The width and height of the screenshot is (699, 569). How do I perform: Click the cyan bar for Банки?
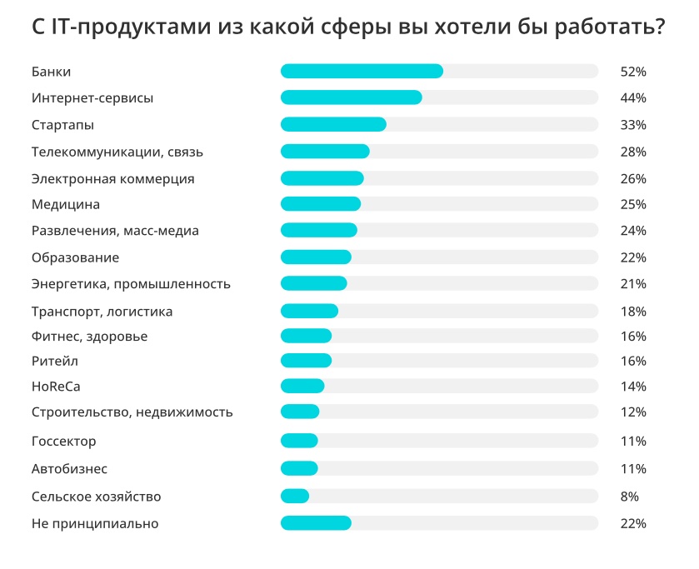coord(362,71)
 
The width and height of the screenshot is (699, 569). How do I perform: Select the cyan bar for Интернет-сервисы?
coord(351,97)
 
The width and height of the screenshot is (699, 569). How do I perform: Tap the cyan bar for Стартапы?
coord(333,124)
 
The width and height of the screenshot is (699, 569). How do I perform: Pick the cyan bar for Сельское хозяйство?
coord(295,497)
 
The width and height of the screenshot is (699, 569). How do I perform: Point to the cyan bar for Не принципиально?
coord(316,523)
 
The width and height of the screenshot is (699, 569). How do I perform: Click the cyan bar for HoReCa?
coord(302,386)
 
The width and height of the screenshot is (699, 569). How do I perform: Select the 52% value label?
coord(633,72)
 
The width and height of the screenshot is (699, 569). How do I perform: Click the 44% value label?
coord(633,98)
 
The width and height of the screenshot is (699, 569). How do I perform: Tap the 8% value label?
coord(629,497)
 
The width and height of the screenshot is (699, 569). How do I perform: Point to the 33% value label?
coord(633,125)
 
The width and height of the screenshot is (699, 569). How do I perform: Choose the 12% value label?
coord(633,412)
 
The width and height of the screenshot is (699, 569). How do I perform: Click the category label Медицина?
coord(66,204)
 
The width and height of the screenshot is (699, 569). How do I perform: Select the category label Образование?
coord(75,257)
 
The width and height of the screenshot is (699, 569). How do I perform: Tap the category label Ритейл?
coord(55,361)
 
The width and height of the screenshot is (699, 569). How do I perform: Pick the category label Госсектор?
coord(64,441)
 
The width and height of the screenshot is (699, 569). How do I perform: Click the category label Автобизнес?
coord(69,469)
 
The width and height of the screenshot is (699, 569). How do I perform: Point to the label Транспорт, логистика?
coord(102,312)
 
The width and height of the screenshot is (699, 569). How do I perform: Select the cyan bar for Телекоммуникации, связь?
coord(325,151)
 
